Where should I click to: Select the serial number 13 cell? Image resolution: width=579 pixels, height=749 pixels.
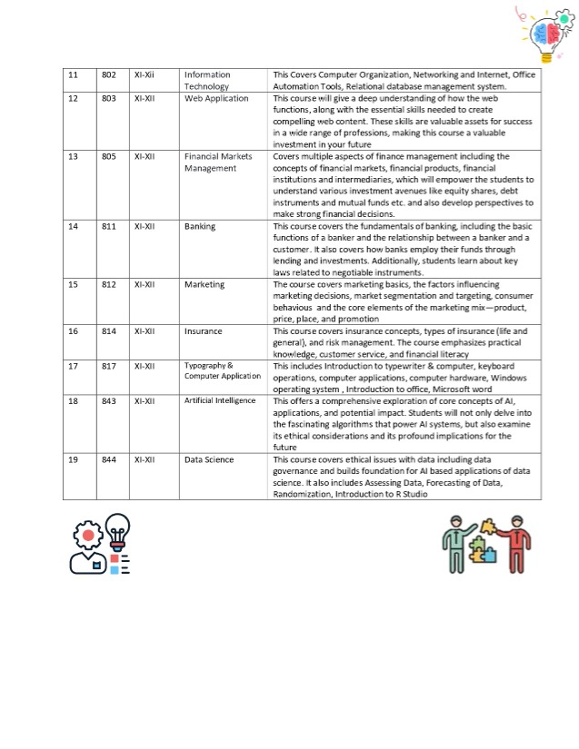tap(73, 156)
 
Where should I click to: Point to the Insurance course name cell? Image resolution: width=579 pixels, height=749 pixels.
tap(204, 331)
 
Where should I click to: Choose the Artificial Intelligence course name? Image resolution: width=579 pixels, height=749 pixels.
tap(220, 400)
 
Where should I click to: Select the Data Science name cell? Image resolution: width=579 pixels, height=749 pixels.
tap(208, 460)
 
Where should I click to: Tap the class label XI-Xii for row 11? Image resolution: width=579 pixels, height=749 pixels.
tap(145, 74)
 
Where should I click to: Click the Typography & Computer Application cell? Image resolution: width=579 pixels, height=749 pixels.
tap(222, 370)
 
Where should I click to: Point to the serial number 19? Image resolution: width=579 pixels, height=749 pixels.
tap(73, 460)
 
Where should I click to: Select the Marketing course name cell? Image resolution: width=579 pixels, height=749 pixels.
tap(204, 284)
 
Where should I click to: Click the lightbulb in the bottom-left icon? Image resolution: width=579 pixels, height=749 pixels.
tap(118, 530)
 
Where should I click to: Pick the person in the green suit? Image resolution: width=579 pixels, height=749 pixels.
tap(455, 545)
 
